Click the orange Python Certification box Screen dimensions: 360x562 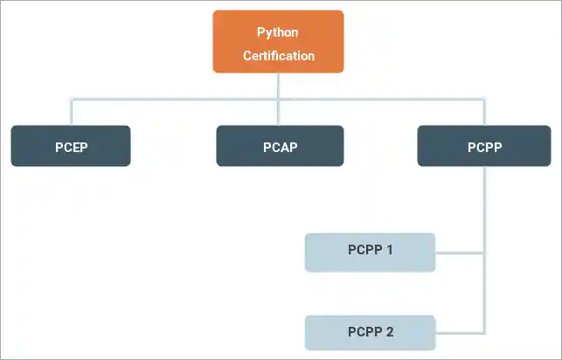279,42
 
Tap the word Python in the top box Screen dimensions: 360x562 278,32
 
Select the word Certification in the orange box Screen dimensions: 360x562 279,56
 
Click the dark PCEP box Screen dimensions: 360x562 71,146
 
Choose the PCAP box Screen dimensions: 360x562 280,146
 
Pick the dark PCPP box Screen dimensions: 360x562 483,146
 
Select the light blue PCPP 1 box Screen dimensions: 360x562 370,253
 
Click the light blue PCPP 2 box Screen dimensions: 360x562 370,332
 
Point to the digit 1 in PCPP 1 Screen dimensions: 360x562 390,250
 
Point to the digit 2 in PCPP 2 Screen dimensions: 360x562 390,332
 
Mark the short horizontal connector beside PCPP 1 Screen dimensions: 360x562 459,253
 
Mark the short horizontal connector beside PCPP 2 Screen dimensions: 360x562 459,333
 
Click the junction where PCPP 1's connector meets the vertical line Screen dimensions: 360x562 484,253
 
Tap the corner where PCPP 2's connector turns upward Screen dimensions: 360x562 484,333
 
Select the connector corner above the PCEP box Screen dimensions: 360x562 71,99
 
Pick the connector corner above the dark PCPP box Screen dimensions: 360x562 484,99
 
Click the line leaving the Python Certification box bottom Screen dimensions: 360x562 279,85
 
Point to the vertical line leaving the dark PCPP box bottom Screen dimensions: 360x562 484,201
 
